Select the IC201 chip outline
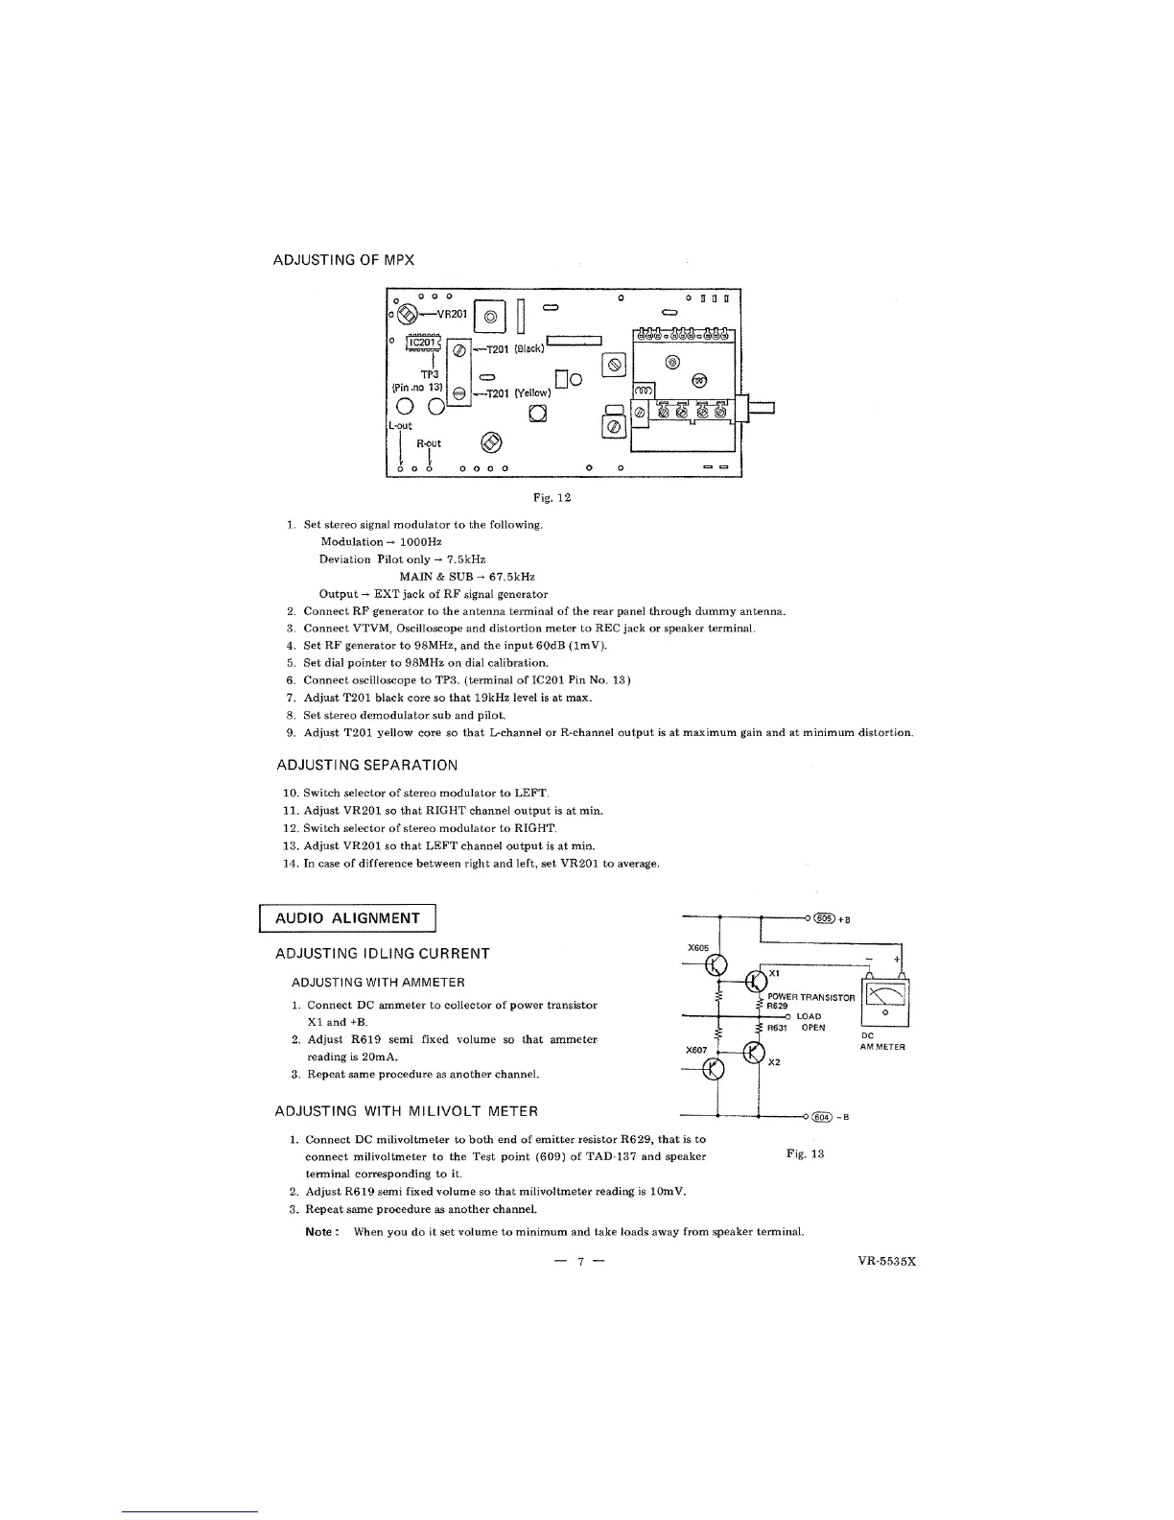click(x=422, y=343)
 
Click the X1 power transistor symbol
click(x=757, y=981)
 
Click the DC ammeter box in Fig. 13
click(x=886, y=1000)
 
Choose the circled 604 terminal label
click(x=823, y=1117)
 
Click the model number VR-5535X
click(x=887, y=1261)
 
